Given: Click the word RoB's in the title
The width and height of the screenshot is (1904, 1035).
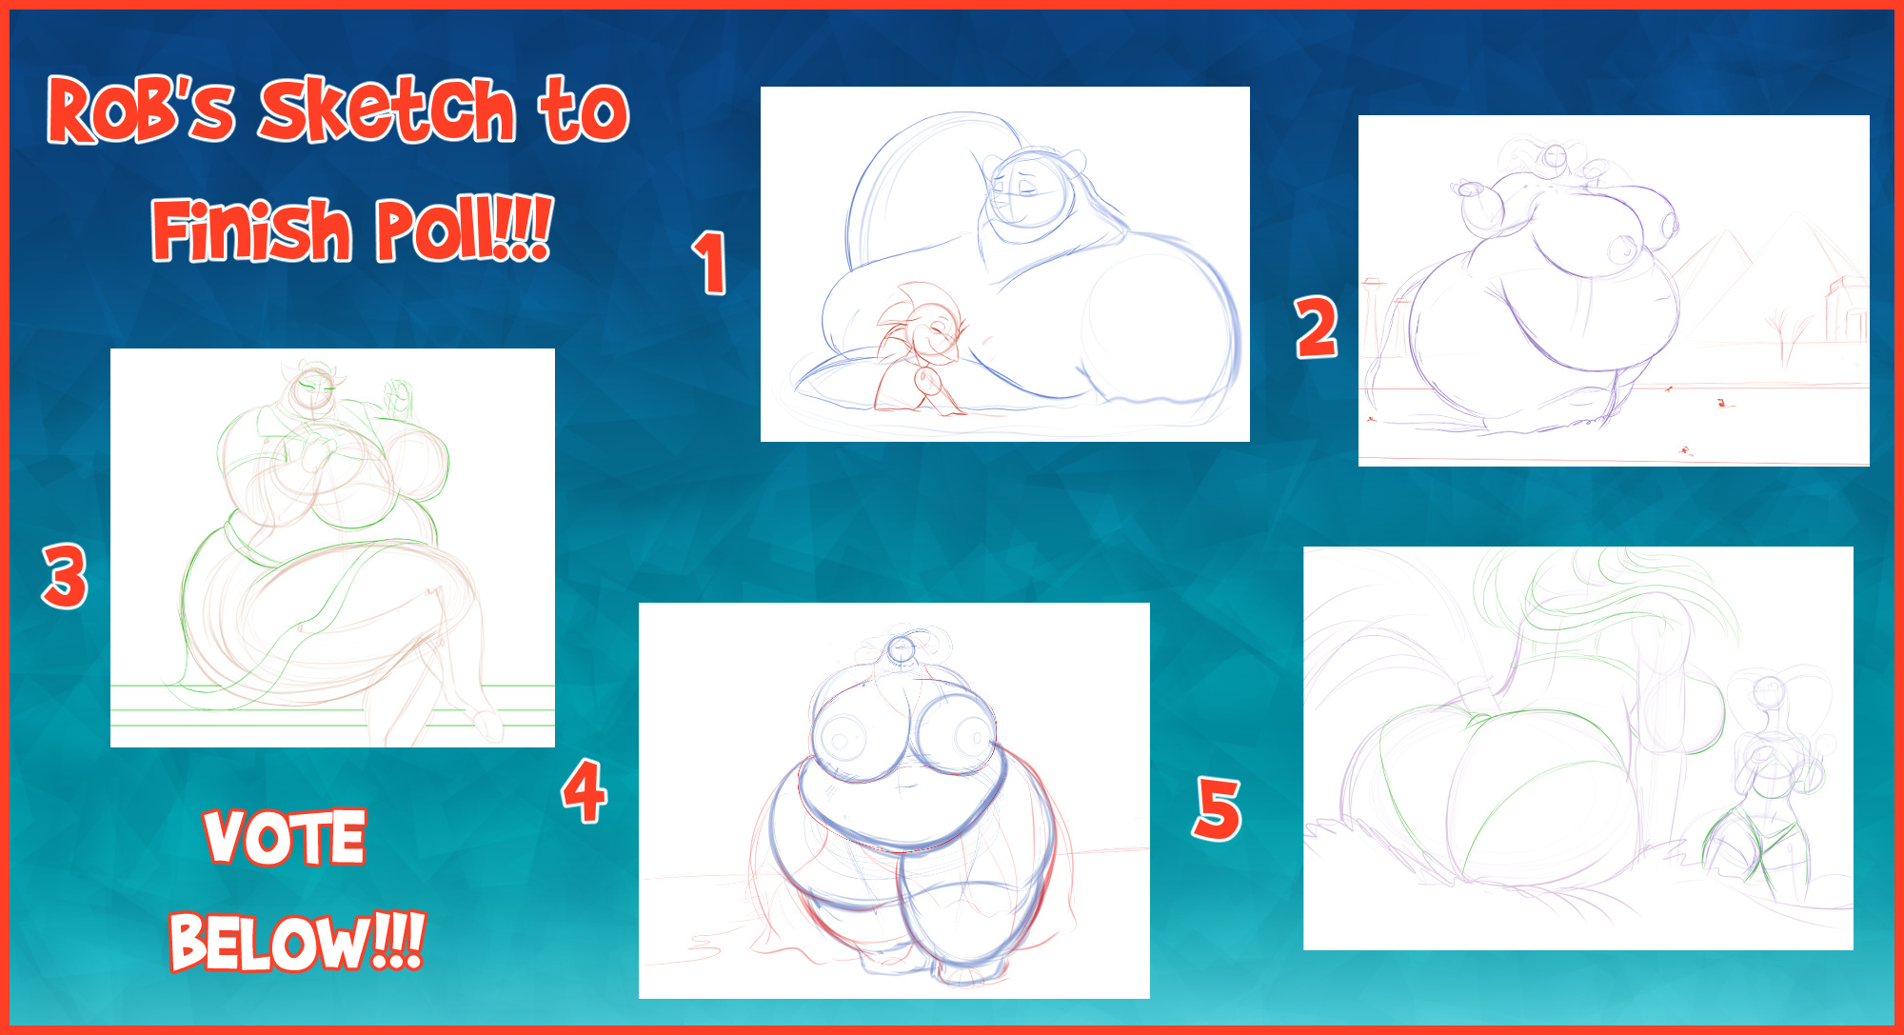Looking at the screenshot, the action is (141, 110).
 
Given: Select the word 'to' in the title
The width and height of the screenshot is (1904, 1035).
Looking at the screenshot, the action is (584, 110).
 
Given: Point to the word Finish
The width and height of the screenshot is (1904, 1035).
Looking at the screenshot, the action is (251, 229).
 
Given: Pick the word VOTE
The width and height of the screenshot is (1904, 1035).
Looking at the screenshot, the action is (285, 837).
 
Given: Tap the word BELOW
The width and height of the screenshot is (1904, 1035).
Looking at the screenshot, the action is (270, 943).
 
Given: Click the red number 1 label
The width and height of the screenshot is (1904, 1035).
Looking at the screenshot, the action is (709, 263).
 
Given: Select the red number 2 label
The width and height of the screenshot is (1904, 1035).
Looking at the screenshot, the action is (1317, 328).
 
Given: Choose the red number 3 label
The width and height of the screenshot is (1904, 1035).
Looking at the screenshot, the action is (65, 576).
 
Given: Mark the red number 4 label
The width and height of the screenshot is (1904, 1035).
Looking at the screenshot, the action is (585, 790).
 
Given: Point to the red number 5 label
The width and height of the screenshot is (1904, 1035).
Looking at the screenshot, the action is (1218, 809).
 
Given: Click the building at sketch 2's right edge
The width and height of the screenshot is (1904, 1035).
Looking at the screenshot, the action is (1847, 309).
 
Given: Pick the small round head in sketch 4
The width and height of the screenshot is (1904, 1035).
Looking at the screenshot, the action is (899, 650).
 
